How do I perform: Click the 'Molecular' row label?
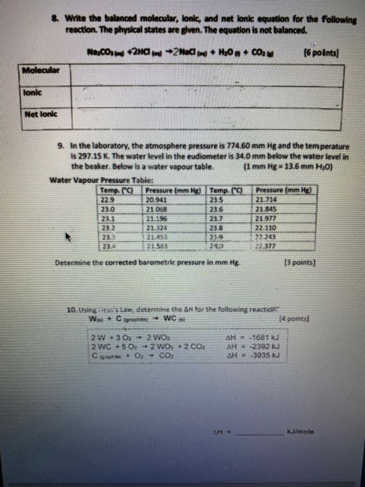(x=39, y=70)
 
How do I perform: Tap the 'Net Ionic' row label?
(x=39, y=113)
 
